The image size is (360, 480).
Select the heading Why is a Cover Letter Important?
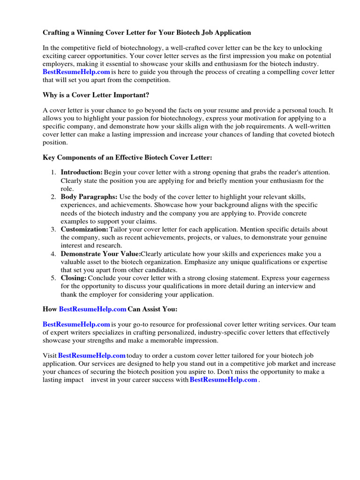click(96, 95)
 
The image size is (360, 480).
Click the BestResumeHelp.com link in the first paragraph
click(76, 72)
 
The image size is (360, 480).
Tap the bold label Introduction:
click(82, 172)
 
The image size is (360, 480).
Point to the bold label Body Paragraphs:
click(89, 197)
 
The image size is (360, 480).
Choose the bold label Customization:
click(84, 229)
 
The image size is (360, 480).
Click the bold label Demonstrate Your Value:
click(100, 254)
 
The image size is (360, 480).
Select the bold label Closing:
click(74, 278)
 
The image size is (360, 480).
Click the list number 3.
click(53, 229)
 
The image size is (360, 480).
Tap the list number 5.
click(53, 278)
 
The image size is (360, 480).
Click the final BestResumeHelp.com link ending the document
click(224, 380)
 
